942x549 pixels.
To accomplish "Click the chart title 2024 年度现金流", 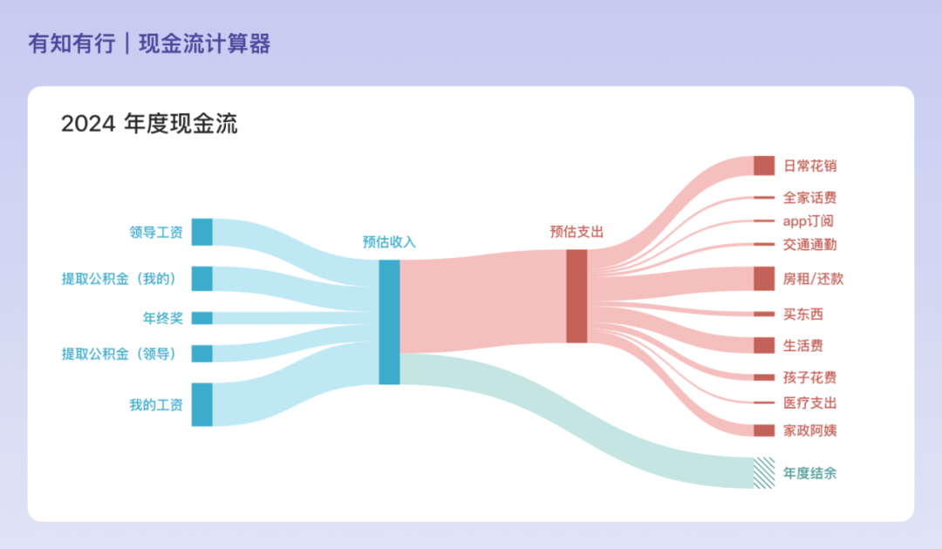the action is pos(149,124).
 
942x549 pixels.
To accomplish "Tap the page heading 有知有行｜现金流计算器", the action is pos(149,44).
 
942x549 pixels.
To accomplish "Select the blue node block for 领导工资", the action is pos(201,232).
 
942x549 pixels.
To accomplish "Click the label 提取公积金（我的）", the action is pos(119,279).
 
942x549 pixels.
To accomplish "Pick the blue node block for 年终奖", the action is pos(201,318).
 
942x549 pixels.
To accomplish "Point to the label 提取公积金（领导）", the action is pos(119,354).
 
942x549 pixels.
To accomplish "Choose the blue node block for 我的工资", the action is pos(201,404).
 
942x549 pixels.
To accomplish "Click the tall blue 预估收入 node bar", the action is pos(389,322).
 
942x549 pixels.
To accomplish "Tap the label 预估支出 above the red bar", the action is pos(577,232).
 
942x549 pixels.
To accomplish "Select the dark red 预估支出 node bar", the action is pos(577,296).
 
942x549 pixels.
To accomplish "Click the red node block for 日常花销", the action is pos(764,166).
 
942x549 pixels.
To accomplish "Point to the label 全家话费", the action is pos(809,198).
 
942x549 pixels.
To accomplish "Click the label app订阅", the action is pos(808,220).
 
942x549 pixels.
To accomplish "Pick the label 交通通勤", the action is pos(809,244).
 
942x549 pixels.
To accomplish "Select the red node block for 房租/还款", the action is pos(764,279).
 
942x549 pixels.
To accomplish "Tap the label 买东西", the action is pos(803,314).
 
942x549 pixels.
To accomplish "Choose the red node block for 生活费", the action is pos(764,345).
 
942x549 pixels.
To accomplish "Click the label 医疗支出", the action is pos(809,403).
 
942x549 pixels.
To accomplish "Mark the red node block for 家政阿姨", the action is pos(764,430).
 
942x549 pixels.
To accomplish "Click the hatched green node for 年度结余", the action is pos(764,473).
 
